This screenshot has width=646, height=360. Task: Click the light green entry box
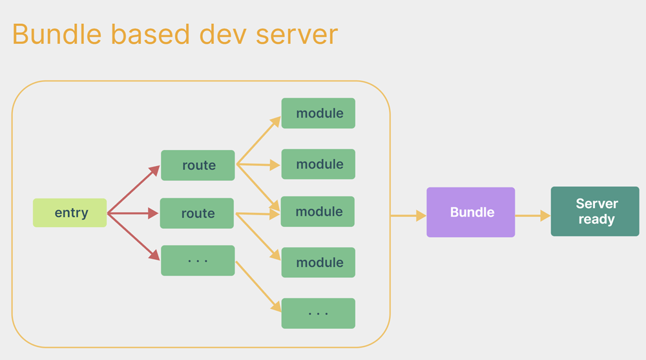(70, 213)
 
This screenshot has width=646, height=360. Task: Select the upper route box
(198, 165)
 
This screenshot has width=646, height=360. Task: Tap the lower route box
(197, 213)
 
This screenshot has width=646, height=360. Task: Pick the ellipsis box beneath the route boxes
(198, 260)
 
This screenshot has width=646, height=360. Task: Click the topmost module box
(318, 113)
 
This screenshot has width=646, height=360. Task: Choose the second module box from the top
(318, 164)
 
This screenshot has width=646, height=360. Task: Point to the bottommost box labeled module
(318, 262)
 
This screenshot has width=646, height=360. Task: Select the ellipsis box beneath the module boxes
(318, 313)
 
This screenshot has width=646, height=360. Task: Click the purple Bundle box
(471, 212)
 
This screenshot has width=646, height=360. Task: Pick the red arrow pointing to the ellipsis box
(133, 236)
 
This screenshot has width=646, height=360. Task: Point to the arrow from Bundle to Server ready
(532, 216)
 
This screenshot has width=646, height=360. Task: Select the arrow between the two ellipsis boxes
(258, 285)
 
